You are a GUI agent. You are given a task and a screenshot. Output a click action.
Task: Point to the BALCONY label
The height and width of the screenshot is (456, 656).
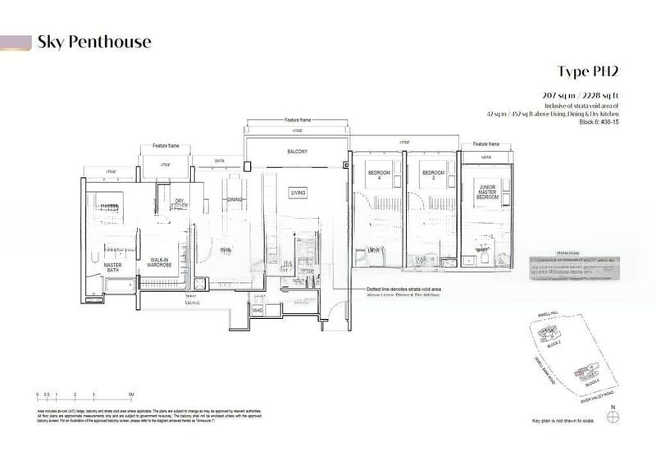297,153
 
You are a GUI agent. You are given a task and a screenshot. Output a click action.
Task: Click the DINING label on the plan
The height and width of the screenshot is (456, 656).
234,199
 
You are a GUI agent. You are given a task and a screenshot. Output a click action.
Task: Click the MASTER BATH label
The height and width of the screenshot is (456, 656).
112,267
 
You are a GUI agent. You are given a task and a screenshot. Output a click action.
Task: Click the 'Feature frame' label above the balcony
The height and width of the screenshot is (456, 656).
297,121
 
